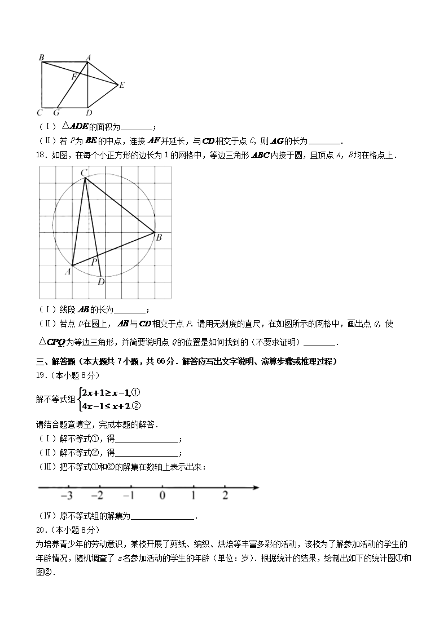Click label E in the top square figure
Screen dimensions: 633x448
coord(122,85)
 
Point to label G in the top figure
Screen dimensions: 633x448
coord(56,112)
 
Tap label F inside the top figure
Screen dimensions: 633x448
coord(73,76)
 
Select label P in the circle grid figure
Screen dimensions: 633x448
coord(94,262)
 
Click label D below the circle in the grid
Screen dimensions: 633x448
coord(101,282)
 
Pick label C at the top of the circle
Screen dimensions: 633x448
coord(84,172)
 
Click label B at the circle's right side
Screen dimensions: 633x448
coord(159,238)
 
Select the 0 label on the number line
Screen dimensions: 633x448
coord(162,496)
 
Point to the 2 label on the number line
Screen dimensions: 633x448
coord(225,496)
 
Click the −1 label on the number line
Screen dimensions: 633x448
coord(129,496)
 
